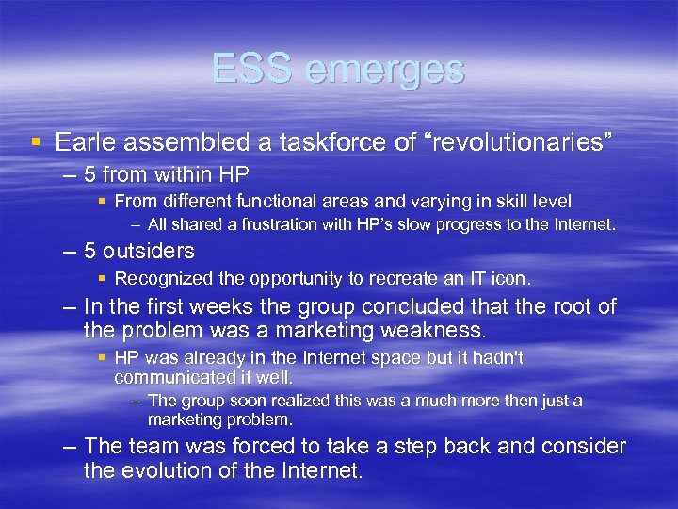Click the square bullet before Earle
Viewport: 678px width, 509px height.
pos(35,143)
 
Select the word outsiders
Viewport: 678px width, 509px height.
pos(148,251)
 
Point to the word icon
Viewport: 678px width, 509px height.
pos(515,278)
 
